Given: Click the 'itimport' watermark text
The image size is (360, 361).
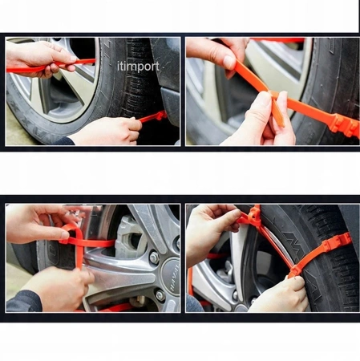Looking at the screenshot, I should pyautogui.click(x=138, y=66).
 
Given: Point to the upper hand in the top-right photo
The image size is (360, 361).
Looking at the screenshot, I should pyautogui.click(x=215, y=55).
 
